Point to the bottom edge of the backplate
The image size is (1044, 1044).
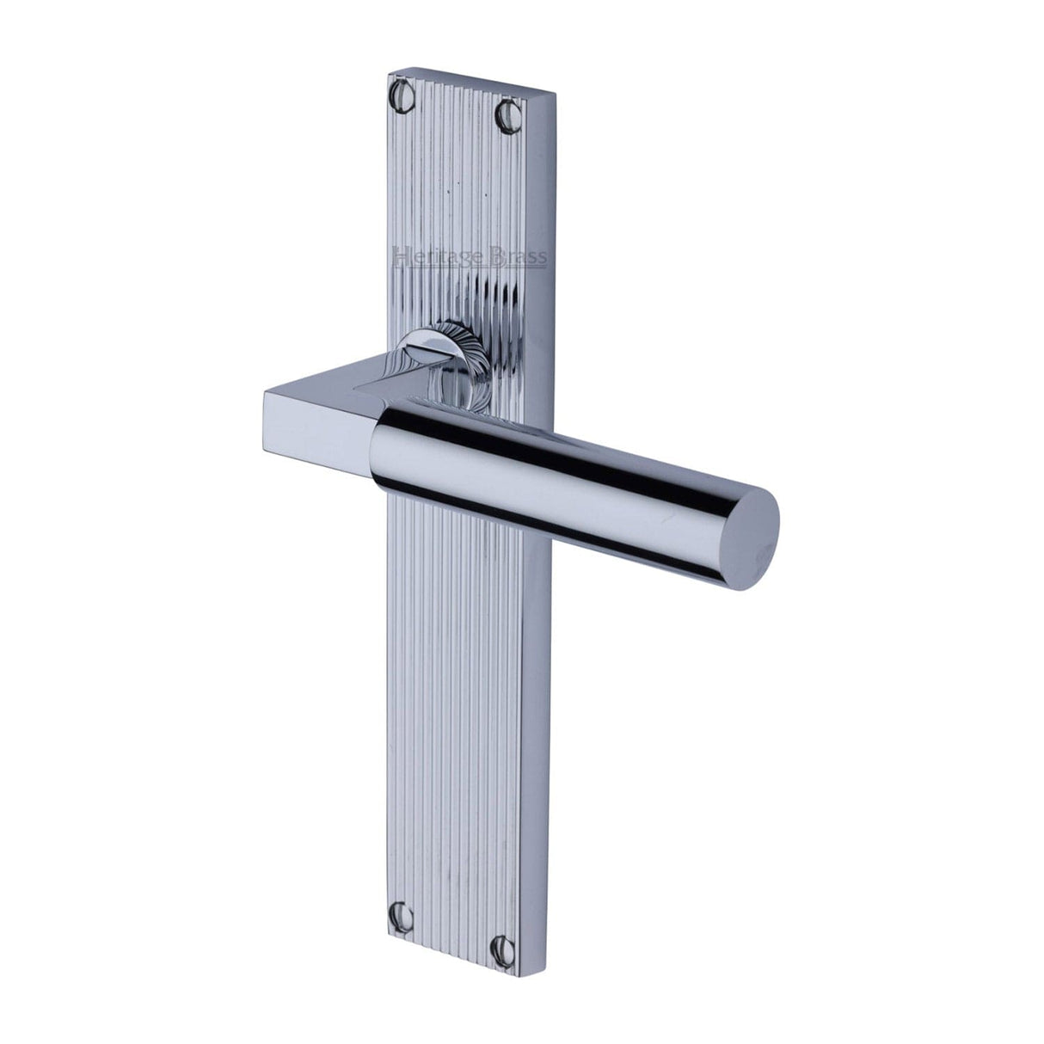(x=456, y=966)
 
